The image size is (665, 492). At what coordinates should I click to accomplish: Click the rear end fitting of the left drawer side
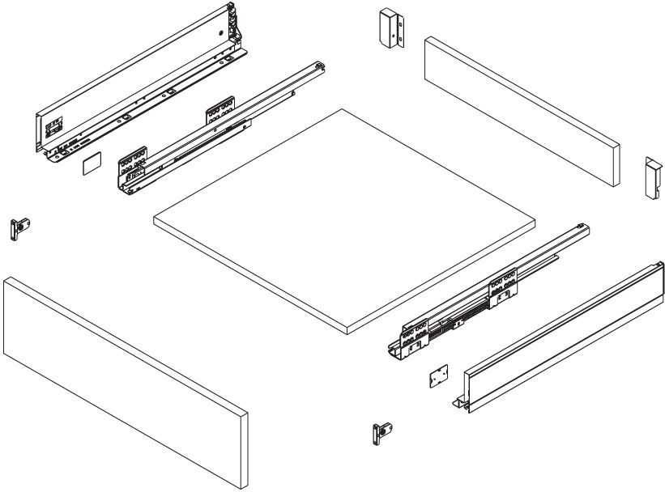(x=235, y=24)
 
